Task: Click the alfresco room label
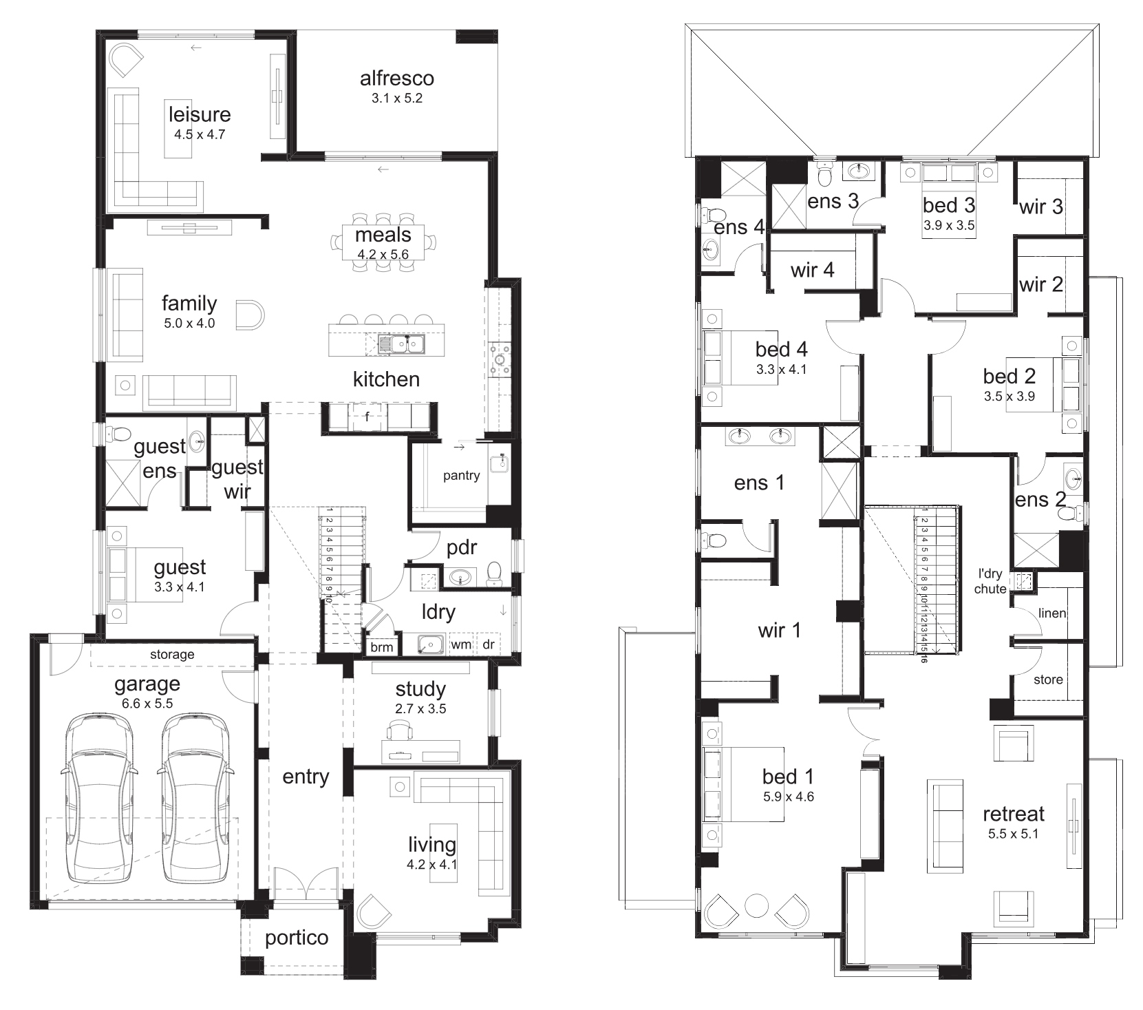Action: click(396, 78)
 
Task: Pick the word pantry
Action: click(461, 476)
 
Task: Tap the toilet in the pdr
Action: click(493, 574)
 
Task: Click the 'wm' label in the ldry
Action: click(460, 644)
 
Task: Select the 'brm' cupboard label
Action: click(381, 646)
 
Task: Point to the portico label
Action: click(297, 938)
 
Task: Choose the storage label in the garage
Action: click(172, 655)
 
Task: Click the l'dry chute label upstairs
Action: click(990, 581)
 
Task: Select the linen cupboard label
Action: click(1052, 613)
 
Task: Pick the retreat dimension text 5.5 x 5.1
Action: click(1013, 834)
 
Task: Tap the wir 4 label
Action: click(812, 270)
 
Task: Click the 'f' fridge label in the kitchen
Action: click(367, 416)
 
